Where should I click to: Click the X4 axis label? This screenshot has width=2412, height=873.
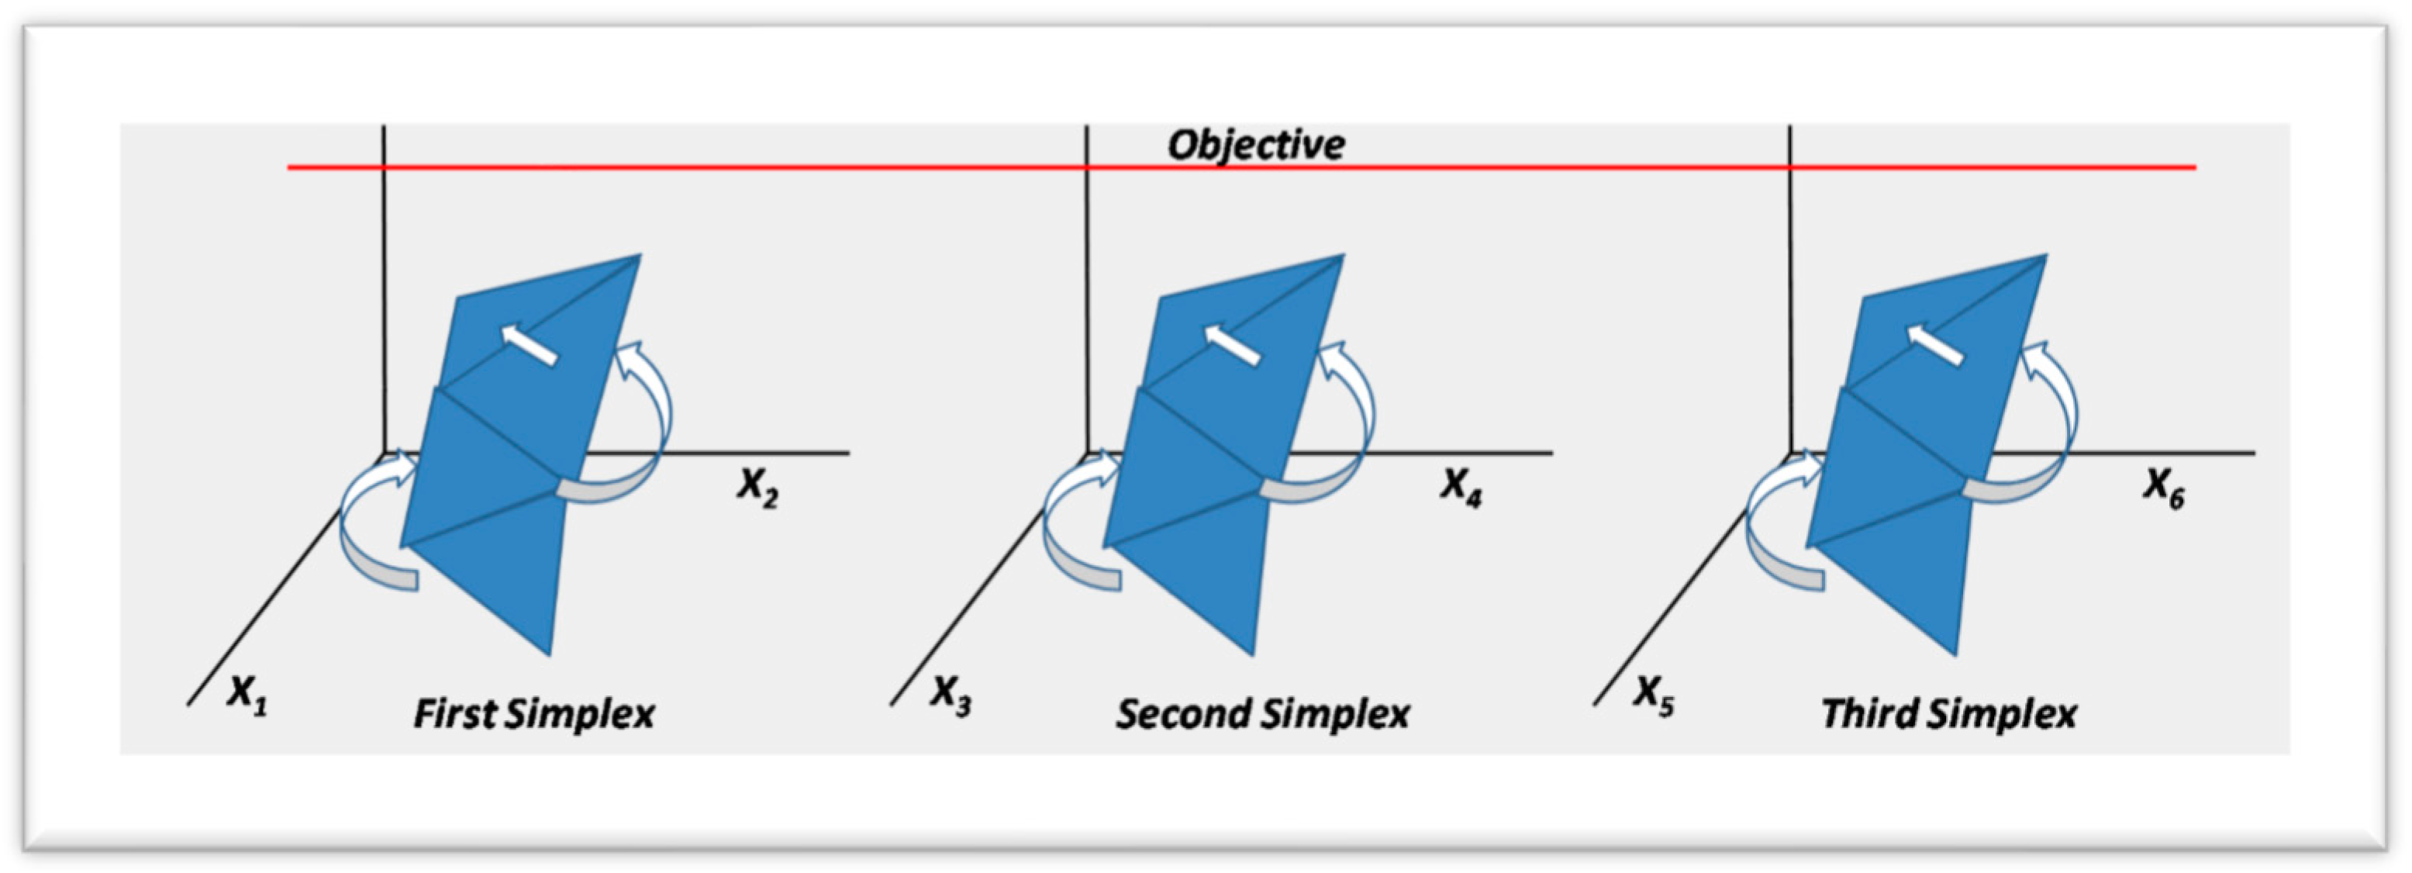(1461, 487)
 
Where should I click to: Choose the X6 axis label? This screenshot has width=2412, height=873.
(2164, 487)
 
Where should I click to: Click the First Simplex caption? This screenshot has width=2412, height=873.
(533, 715)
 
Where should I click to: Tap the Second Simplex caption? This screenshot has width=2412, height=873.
(1262, 715)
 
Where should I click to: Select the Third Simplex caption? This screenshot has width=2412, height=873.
(1948, 715)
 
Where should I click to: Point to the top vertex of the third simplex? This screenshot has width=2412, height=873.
(2045, 256)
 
